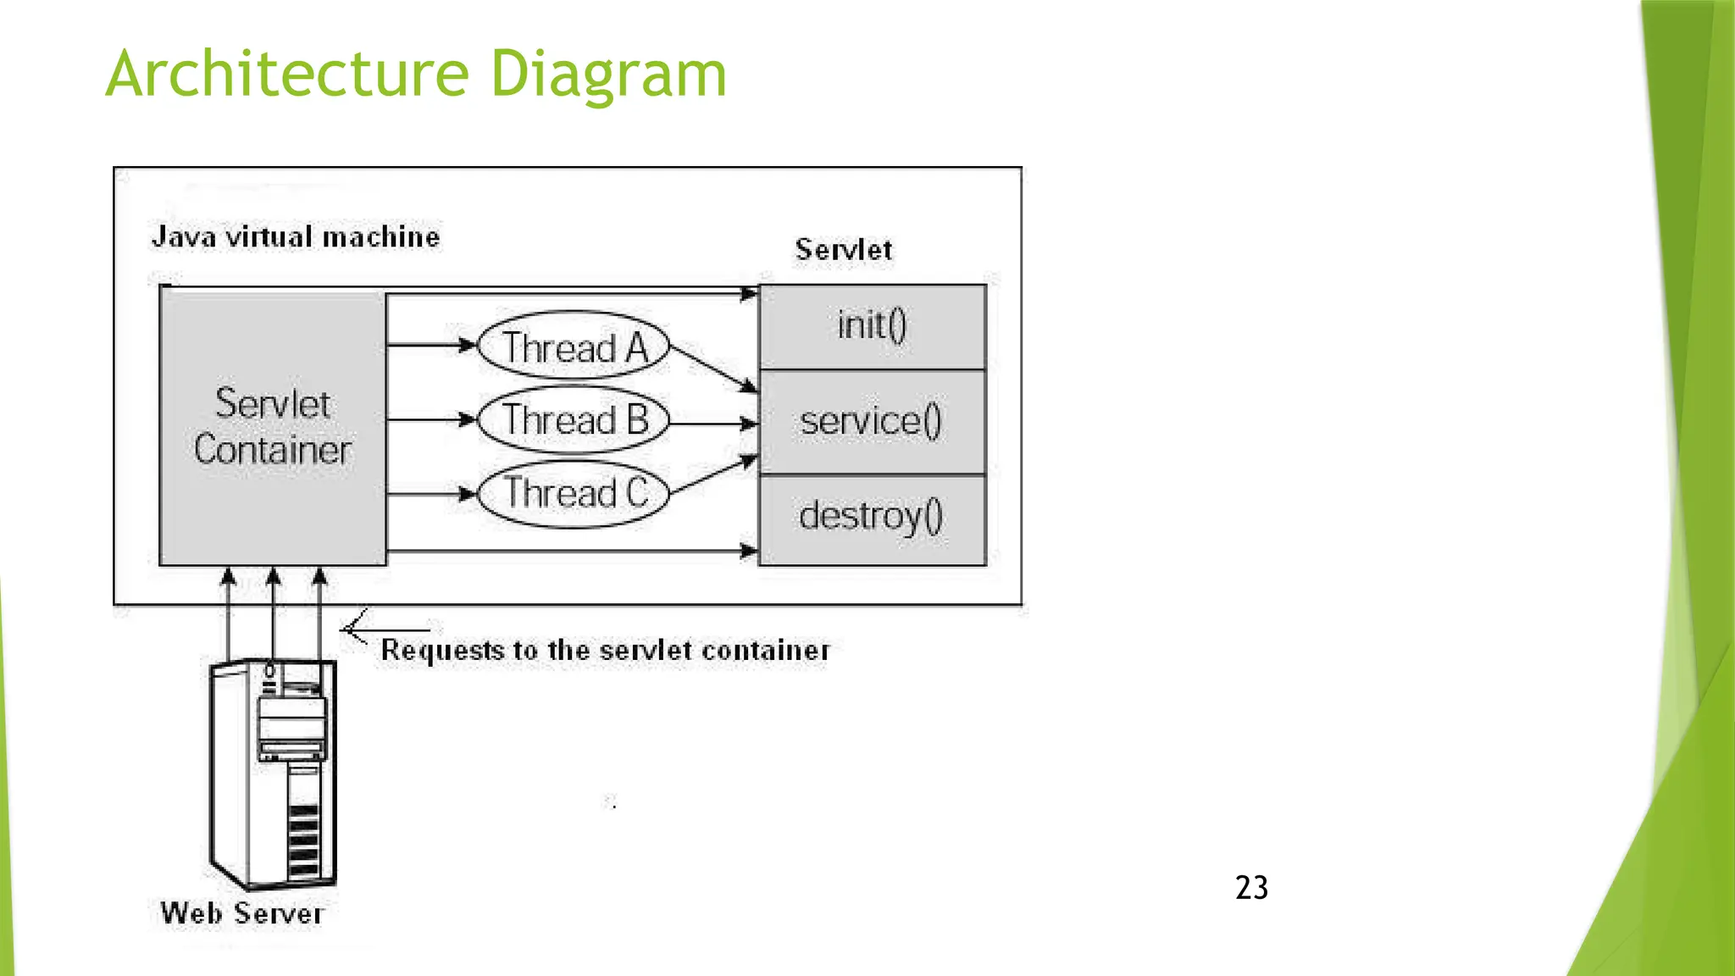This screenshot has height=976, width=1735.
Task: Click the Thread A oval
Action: (x=574, y=347)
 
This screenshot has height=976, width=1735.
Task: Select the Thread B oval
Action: (x=574, y=420)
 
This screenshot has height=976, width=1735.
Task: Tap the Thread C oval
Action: (x=574, y=494)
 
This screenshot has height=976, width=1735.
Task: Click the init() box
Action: (x=872, y=326)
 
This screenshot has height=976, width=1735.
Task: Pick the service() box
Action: (x=872, y=421)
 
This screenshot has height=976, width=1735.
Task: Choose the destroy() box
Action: (x=872, y=518)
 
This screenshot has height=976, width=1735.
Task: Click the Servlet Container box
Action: (x=272, y=427)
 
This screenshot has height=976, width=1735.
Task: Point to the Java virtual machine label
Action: (x=296, y=236)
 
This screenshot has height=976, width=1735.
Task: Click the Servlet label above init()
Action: (x=843, y=250)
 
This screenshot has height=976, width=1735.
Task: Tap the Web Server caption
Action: (x=242, y=913)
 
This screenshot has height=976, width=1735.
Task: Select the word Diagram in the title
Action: (x=607, y=75)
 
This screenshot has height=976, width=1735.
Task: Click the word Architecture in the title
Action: (x=287, y=75)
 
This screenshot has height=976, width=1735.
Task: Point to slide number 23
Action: (x=1251, y=888)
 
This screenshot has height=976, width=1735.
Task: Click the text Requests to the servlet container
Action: (x=605, y=651)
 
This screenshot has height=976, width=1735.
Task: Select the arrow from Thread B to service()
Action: (x=712, y=423)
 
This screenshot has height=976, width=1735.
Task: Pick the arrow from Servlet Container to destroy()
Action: (x=572, y=552)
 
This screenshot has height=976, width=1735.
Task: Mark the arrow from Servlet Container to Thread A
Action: (x=430, y=345)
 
